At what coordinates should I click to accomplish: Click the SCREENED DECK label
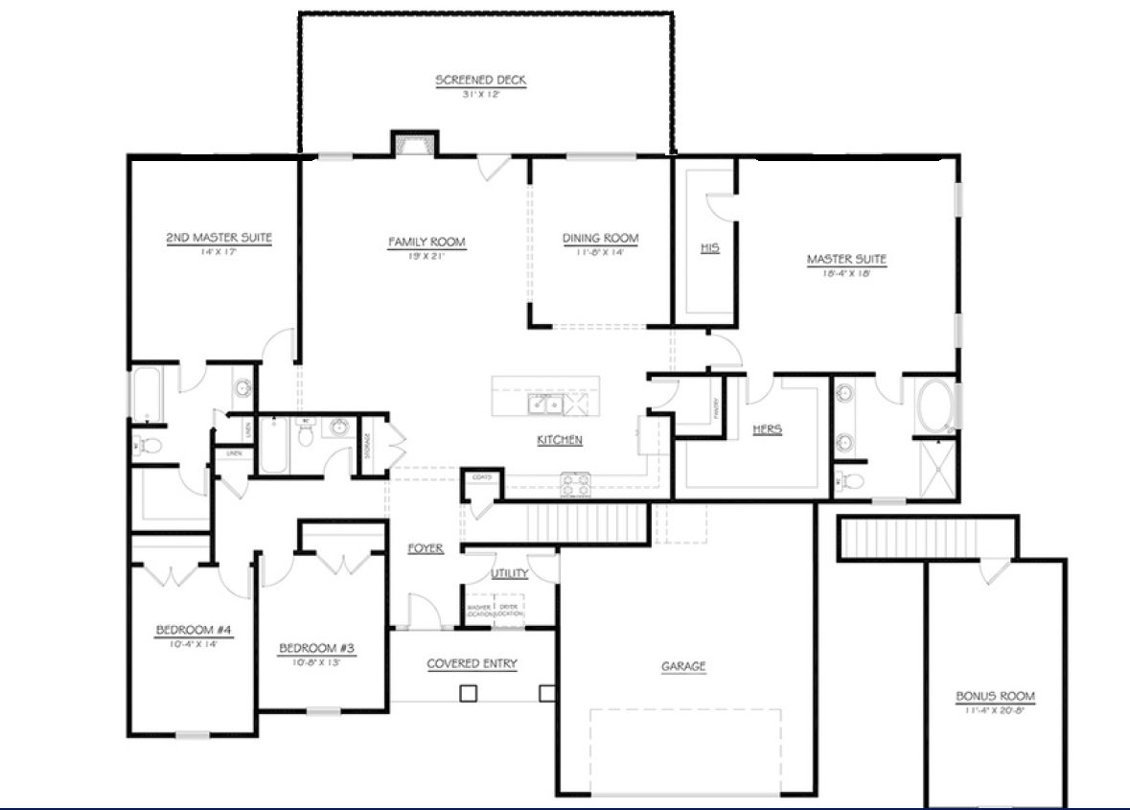tap(481, 81)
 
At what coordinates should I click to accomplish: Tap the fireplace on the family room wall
tap(413, 143)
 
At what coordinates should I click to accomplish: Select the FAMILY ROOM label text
tap(427, 243)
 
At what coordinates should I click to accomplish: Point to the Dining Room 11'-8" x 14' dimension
tap(600, 253)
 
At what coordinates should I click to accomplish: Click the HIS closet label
tap(709, 248)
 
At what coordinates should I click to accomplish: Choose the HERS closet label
tap(767, 429)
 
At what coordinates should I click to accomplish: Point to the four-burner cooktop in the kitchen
tap(575, 483)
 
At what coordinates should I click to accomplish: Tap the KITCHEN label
tap(559, 440)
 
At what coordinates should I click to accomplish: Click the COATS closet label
tap(480, 477)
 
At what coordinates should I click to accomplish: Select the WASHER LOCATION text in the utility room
tap(478, 610)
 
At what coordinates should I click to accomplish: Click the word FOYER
tap(426, 548)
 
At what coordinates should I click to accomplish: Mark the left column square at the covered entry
tap(468, 693)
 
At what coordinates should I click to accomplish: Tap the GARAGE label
tap(683, 666)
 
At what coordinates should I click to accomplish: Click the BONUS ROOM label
tap(995, 697)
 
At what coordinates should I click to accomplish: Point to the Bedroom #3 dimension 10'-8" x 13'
tap(317, 661)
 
